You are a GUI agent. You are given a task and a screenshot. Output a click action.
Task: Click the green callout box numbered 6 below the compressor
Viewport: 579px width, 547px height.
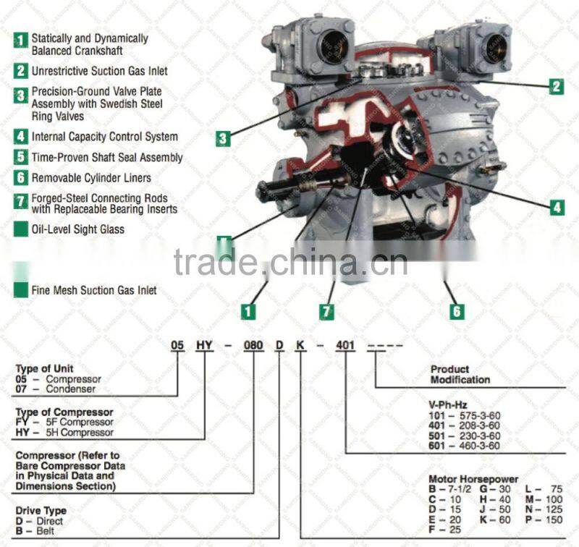click(457, 312)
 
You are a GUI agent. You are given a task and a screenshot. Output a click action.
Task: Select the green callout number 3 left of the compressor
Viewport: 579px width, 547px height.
click(224, 137)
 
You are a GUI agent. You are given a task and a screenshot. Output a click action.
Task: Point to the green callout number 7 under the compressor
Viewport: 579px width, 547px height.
click(328, 312)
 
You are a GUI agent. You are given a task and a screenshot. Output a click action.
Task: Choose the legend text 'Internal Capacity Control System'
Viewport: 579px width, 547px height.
click(104, 136)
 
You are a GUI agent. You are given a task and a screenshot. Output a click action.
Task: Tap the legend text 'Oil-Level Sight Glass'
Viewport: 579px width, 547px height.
click(77, 229)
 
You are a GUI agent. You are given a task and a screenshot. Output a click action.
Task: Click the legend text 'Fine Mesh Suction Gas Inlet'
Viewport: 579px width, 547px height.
click(94, 290)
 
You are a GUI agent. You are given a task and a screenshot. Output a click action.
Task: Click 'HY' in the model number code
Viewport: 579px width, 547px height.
click(203, 344)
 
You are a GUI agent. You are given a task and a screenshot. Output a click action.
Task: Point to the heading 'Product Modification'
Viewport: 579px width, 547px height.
click(460, 374)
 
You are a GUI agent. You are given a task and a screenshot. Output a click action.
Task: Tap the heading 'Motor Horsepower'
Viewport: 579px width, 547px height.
click(473, 479)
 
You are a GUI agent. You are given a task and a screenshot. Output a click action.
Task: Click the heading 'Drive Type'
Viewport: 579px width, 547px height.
click(40, 511)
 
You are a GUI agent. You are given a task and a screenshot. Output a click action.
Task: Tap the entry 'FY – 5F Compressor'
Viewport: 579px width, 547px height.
click(64, 422)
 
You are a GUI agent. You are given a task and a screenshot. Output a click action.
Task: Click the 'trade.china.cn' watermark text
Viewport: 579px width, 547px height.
click(290, 263)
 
